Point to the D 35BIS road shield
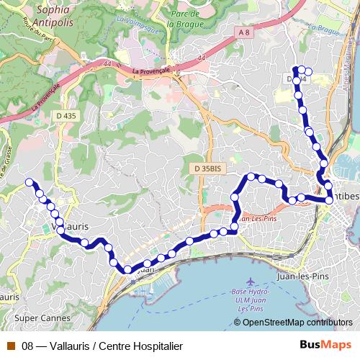(209, 168)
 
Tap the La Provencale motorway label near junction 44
(151, 71)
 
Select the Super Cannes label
(36, 317)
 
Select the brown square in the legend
(11, 346)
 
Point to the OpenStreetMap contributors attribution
(297, 322)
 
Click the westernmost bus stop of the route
(30, 182)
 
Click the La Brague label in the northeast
(322, 29)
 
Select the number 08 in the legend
(28, 346)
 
